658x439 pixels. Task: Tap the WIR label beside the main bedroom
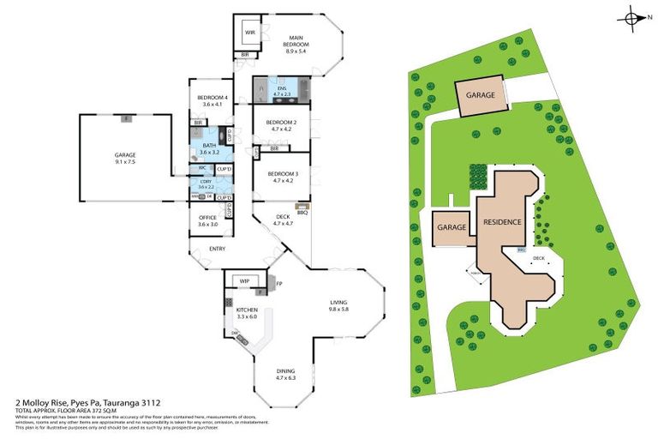point(249,33)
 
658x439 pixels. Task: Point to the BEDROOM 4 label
point(211,98)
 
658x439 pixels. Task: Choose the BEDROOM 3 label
point(282,174)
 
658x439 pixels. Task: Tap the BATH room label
point(209,146)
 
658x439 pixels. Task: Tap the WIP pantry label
point(244,280)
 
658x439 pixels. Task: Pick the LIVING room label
point(338,302)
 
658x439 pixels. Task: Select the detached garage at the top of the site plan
point(480,96)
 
